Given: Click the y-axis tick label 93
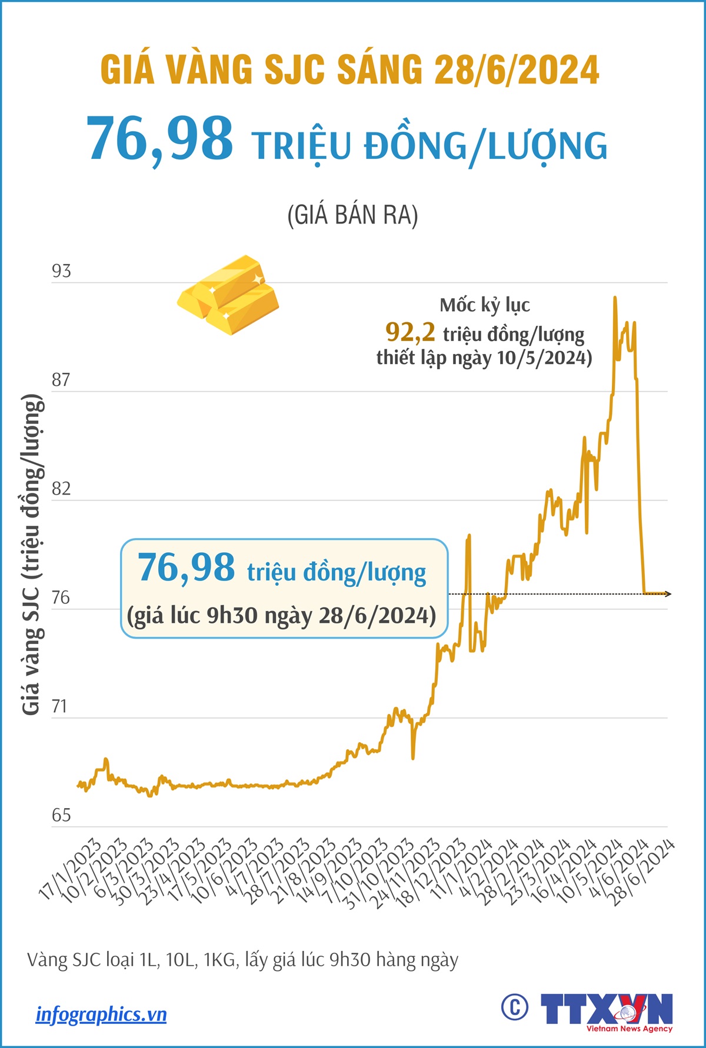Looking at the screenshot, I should tap(61, 271).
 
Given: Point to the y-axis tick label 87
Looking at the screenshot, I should tap(61, 380).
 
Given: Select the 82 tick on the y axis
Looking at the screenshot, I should tap(61, 489).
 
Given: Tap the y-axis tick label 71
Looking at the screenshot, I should tap(60, 706).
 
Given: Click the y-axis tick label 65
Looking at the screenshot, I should tap(61, 815).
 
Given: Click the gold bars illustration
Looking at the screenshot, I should tap(228, 295).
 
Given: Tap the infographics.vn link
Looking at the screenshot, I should tap(101, 1014).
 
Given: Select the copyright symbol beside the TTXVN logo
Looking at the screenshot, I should tap(514, 1007).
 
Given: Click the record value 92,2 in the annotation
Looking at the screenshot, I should tap(410, 332).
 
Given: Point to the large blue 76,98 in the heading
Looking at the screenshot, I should tap(160, 139).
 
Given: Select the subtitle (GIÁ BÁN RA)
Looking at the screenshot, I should tap(352, 215).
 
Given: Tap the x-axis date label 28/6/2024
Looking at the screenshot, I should tap(643, 872).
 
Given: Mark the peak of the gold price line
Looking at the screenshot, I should tap(615, 298).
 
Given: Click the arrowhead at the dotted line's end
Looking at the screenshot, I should tap(668, 594).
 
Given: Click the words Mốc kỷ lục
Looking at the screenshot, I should tap(485, 305).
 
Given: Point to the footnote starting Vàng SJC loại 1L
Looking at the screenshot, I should tap(242, 960).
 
